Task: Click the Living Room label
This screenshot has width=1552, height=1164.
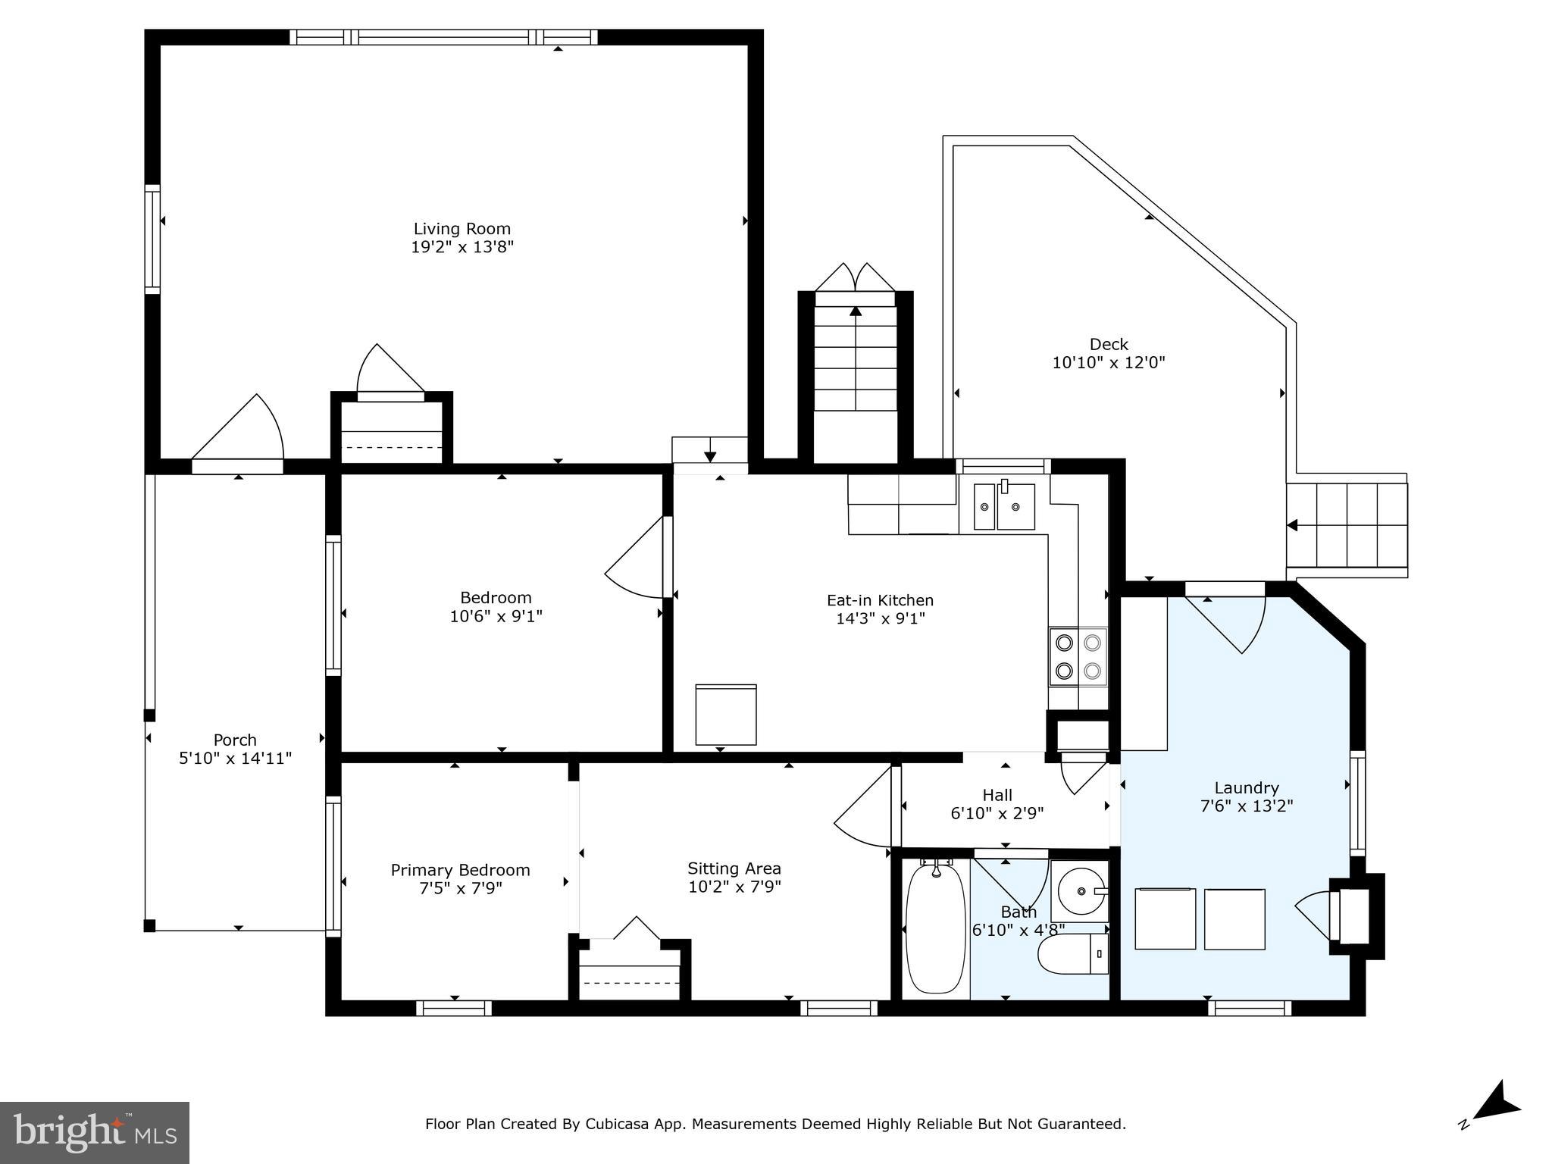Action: (462, 229)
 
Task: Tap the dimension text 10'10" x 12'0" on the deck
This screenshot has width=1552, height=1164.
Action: (1108, 363)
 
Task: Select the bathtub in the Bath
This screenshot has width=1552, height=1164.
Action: (936, 929)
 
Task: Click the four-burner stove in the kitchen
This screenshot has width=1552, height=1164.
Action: (1078, 656)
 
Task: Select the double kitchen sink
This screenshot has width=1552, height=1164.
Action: (1004, 505)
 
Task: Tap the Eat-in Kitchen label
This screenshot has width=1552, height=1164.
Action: (880, 600)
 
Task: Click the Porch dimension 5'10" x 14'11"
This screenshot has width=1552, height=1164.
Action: (235, 759)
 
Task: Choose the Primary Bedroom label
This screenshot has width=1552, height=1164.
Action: (460, 870)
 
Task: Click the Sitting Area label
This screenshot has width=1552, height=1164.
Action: (734, 868)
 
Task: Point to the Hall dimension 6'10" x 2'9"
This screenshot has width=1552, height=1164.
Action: (997, 814)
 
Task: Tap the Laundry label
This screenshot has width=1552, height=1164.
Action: (1246, 787)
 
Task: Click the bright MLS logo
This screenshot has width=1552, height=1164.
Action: (95, 1132)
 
